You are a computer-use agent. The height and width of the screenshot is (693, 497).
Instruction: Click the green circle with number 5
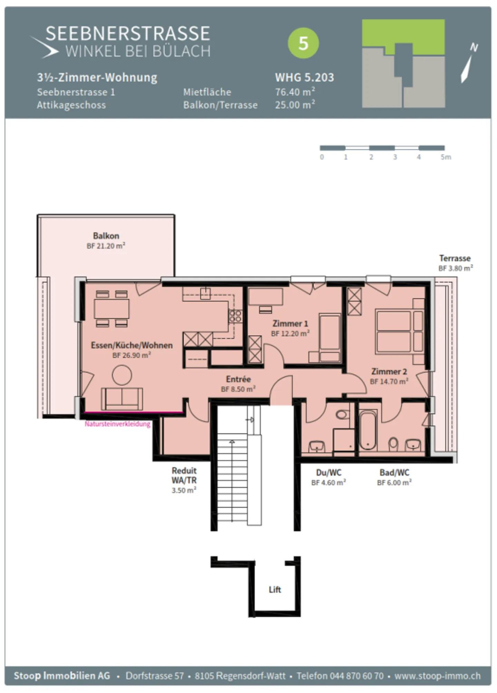pos(303,43)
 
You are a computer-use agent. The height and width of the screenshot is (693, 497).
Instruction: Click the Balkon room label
pos(106,236)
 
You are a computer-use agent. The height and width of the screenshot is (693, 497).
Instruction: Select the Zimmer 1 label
pos(290,324)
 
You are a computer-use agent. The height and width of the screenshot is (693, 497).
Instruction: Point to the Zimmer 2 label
pos(389,372)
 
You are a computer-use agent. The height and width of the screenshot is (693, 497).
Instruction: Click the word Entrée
pos(238,379)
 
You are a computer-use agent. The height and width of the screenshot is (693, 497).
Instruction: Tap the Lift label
pos(275,589)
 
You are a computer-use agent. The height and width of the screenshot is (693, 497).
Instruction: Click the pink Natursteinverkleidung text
pos(118,424)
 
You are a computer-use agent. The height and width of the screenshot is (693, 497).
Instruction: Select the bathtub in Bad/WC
pos(368,430)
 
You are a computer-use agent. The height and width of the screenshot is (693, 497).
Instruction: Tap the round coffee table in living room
pos(122,375)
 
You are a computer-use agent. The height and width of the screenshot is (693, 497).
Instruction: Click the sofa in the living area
pos(122,399)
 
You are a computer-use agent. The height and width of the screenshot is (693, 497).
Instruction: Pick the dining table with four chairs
pos(111,309)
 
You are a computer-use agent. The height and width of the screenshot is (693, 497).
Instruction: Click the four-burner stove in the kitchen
pos(235,316)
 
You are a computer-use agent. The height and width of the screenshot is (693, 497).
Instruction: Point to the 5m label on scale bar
pos(445,157)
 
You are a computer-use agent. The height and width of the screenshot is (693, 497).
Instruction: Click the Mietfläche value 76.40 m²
pos(295,92)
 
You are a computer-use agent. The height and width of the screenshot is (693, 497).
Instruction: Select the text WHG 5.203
pos(304,77)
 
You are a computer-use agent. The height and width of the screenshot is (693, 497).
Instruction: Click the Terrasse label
pos(455,258)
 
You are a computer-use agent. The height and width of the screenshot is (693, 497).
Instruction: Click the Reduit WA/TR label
pos(184,475)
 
